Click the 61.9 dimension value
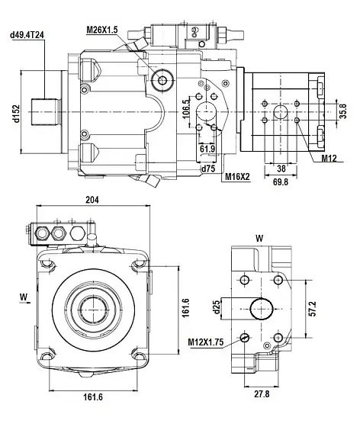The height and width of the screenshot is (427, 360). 207,147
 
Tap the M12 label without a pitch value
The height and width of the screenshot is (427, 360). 329,158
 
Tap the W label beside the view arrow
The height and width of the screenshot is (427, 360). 23,296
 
